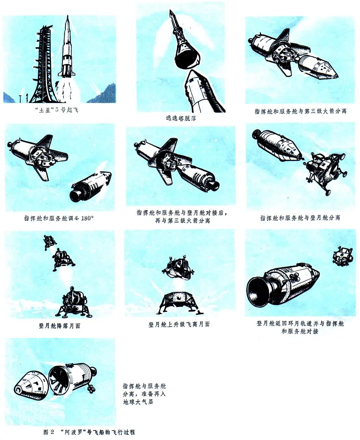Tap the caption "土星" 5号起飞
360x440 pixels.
click(57, 110)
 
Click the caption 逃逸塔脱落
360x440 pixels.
click(181, 118)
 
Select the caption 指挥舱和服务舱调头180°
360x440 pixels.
click(59, 218)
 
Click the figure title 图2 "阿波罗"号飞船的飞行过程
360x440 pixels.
click(89, 432)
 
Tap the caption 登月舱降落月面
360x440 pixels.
click(59, 326)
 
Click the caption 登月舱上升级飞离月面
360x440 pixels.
click(179, 324)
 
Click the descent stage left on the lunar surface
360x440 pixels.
click(179, 302)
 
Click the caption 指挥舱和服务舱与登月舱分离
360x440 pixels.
click(300, 218)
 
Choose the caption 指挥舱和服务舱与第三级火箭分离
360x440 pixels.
click(300, 111)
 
